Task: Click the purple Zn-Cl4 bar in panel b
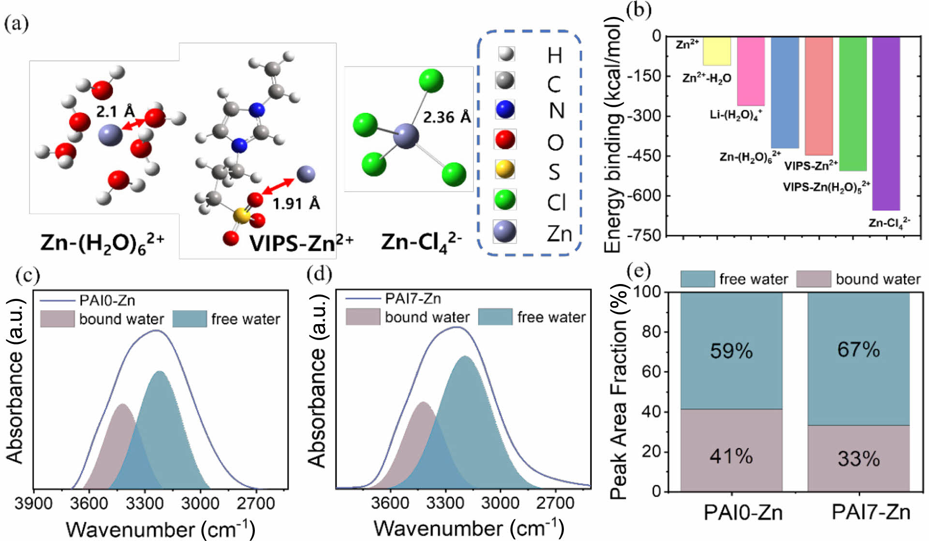tap(886, 123)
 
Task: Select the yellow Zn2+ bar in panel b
tap(717, 51)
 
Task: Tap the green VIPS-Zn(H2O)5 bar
tap(853, 103)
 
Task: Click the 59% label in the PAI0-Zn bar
tap(731, 351)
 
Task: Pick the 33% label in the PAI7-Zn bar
tap(858, 458)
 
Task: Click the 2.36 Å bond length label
tap(446, 117)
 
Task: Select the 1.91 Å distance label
tap(296, 204)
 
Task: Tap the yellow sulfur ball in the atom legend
tap(505, 169)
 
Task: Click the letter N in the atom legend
tap(556, 111)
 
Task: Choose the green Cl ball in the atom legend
tap(505, 199)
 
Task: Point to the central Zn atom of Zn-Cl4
tap(405, 135)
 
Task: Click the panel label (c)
tap(28, 275)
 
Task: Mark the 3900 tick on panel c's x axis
tap(33, 503)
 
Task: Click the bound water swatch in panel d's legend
tap(363, 317)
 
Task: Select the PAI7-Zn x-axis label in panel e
tap(870, 512)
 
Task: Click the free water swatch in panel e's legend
tap(697, 279)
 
